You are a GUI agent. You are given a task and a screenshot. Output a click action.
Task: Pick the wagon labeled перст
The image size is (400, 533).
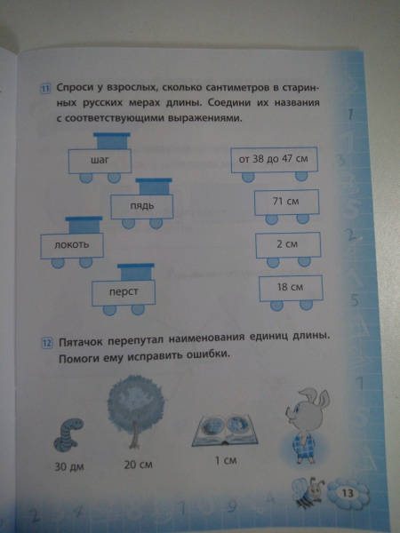tap(124, 291)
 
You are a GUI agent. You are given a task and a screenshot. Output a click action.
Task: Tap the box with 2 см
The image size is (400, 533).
tap(288, 245)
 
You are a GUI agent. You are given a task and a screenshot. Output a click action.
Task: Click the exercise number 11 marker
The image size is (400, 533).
tap(46, 89)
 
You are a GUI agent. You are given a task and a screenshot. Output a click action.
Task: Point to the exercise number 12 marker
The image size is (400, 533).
tap(46, 343)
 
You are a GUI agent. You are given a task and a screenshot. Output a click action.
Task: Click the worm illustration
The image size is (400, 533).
tap(68, 435)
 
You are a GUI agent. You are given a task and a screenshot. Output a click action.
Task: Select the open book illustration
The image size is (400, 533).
tap(225, 430)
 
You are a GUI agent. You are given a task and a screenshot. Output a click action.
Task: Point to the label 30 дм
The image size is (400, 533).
tap(69, 466)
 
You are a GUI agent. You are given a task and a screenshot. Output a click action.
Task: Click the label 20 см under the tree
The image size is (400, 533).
tap(138, 465)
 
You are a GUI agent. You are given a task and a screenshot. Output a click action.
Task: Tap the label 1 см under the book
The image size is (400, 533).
tap(226, 460)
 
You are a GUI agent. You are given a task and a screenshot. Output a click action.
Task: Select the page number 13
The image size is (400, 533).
tap(348, 493)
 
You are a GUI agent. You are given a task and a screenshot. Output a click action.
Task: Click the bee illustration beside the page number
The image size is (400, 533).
tap(308, 492)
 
